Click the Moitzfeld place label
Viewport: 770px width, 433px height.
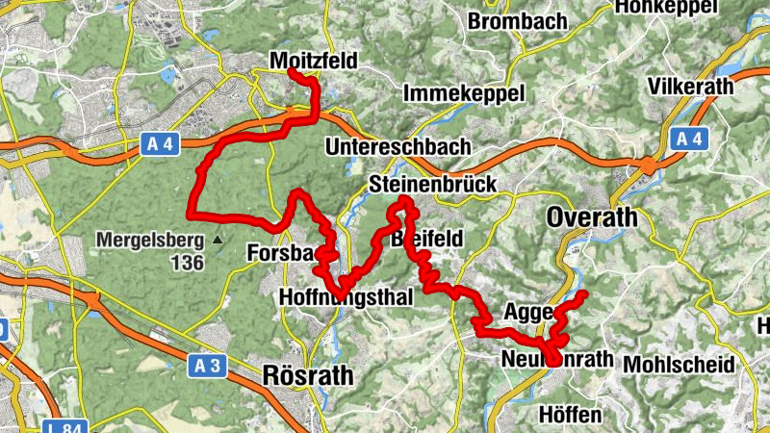pos(313,62)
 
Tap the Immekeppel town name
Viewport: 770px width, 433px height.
pos(463,93)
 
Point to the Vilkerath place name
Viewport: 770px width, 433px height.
pos(690,86)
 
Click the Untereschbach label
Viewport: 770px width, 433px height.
pos(398,147)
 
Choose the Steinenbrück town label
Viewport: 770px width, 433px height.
pos(432,184)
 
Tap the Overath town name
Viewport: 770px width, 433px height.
pos(591,217)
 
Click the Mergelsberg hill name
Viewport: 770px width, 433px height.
pos(150,240)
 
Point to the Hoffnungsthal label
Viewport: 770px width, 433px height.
pos(345,298)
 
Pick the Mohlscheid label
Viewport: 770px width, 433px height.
pos(679,365)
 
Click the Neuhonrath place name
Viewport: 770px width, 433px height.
pos(557,360)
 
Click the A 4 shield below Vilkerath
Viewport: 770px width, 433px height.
pos(689,140)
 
